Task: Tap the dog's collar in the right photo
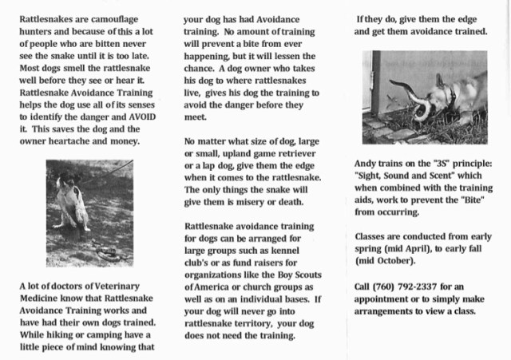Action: [452, 97]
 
